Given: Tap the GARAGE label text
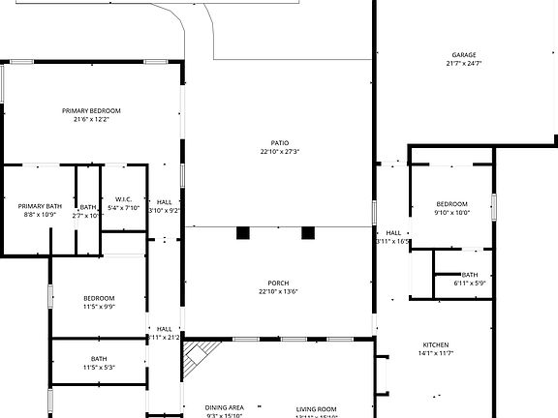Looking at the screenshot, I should pyautogui.click(x=464, y=55).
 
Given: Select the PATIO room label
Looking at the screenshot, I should pyautogui.click(x=279, y=142).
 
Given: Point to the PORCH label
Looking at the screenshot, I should pyautogui.click(x=279, y=283).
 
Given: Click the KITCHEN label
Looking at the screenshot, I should pyautogui.click(x=435, y=345).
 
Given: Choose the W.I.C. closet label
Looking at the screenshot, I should pyautogui.click(x=124, y=198).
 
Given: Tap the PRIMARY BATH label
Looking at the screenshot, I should pyautogui.click(x=40, y=205).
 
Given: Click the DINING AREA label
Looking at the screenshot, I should pyautogui.click(x=224, y=407).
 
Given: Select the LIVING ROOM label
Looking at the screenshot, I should pyautogui.click(x=316, y=408).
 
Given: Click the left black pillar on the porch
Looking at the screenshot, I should pyautogui.click(x=243, y=232).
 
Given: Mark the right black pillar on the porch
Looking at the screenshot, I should pyautogui.click(x=308, y=232).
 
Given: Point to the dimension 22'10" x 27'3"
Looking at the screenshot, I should pyautogui.click(x=279, y=152).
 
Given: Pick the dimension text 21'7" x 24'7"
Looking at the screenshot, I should pyautogui.click(x=464, y=64).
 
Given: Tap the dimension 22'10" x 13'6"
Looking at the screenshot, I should pyautogui.click(x=279, y=291).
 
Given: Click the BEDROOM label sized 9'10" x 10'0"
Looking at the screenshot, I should pyautogui.click(x=451, y=204).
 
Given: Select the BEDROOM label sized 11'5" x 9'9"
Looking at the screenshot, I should pyautogui.click(x=99, y=298).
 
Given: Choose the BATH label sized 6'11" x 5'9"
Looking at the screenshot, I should pyautogui.click(x=470, y=274).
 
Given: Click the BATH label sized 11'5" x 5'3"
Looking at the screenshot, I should pyautogui.click(x=99, y=359).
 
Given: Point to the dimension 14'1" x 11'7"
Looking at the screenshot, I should pyautogui.click(x=435, y=354).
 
